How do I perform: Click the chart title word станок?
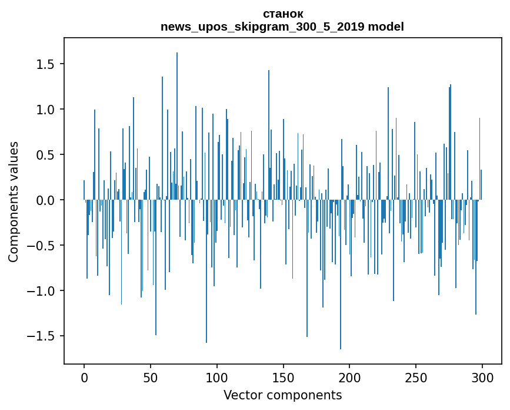(x=283, y=14)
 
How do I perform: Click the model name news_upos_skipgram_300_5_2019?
(x=262, y=27)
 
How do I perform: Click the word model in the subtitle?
(x=386, y=27)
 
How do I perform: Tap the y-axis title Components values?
(x=14, y=202)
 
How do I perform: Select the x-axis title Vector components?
(x=282, y=395)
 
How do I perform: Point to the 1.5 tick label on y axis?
(x=45, y=64)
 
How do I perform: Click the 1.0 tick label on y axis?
(x=45, y=110)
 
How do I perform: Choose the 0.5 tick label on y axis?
(x=45, y=155)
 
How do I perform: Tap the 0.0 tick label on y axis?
(x=45, y=200)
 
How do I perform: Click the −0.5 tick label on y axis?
(x=41, y=246)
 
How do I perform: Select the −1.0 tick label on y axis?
(x=41, y=291)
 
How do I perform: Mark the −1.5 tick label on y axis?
(x=41, y=336)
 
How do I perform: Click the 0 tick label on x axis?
(x=84, y=378)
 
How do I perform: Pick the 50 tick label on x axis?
(x=150, y=378)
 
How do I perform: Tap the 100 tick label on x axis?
(x=216, y=378)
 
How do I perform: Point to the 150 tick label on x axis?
(x=283, y=378)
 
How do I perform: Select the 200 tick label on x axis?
(x=349, y=378)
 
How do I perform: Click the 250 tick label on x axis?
(x=416, y=378)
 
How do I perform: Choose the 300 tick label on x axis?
(x=482, y=378)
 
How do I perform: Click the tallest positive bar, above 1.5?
(x=177, y=126)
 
